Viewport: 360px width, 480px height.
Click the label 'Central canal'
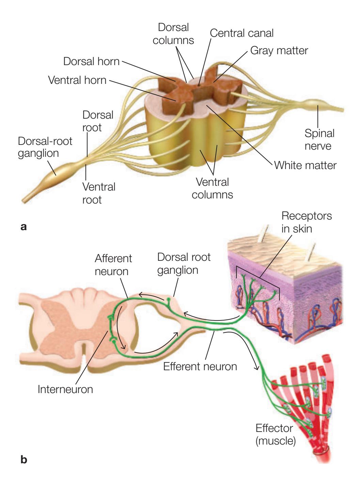tap(241, 33)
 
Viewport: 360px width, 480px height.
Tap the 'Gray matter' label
tap(279, 51)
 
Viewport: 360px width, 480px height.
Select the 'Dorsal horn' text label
tap(91, 62)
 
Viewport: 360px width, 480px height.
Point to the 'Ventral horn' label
tap(77, 80)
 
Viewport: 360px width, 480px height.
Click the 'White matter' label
tap(305, 165)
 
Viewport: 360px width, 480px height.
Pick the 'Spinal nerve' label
tap(319, 139)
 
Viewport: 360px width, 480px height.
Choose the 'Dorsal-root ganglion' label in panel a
tap(45, 147)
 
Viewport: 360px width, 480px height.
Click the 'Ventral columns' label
tap(212, 188)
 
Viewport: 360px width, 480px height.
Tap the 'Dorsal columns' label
tap(173, 34)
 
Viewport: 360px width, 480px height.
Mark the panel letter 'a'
tap(24, 226)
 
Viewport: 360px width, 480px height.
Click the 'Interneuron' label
tap(65, 389)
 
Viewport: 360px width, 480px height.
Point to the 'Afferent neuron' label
tap(113, 265)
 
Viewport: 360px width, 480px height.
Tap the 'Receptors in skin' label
tap(307, 222)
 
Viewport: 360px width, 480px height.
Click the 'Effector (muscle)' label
tap(275, 434)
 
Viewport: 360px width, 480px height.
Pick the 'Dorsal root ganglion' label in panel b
tap(184, 264)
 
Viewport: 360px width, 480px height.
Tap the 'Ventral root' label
tap(99, 193)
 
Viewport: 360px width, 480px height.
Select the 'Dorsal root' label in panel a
tap(98, 121)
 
